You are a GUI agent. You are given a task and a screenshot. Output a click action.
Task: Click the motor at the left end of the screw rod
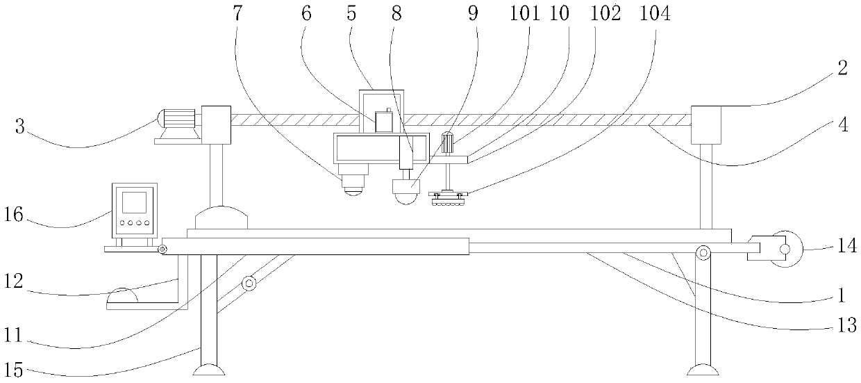[178, 120]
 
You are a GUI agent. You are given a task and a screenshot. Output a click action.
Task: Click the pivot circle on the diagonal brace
[248, 283]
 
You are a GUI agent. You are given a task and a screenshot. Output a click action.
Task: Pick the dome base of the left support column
[221, 218]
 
